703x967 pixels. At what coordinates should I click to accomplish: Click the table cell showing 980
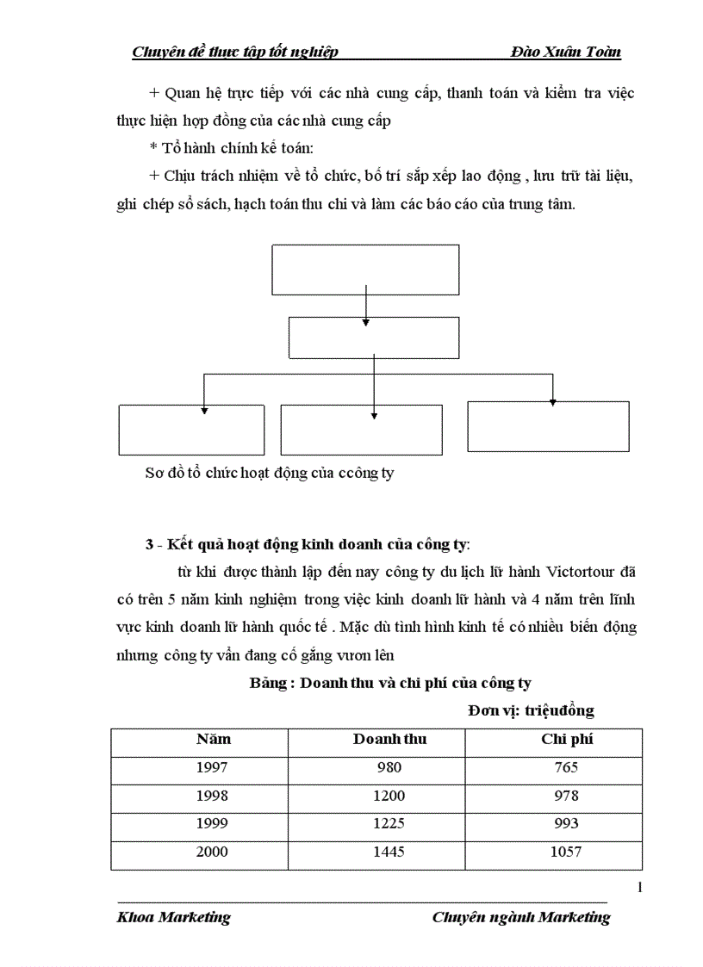pos(389,768)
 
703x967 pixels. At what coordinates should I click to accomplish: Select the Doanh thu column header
pos(389,740)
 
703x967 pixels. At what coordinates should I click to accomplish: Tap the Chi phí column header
pos(567,740)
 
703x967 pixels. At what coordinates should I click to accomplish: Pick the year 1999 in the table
pos(212,824)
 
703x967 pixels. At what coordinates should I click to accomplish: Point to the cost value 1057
pos(567,852)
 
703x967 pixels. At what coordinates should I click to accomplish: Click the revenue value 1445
pos(389,852)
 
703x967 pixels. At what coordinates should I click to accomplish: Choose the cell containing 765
pos(567,768)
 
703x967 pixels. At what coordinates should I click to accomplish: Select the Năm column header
pos(214,740)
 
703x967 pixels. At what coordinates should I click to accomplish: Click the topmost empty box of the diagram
pos(365,270)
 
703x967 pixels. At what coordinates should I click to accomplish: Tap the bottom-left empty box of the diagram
pos(191,430)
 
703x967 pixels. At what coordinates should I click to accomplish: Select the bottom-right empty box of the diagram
pos(548,426)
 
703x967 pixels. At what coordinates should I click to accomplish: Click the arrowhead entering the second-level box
pos(366,322)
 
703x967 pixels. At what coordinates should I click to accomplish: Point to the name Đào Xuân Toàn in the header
pos(565,52)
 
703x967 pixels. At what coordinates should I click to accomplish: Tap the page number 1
pos(639,888)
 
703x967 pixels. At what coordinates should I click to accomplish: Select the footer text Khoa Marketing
pos(173,917)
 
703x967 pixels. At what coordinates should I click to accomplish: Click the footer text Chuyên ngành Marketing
pos(520,917)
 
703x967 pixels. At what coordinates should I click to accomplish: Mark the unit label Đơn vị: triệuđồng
pos(531,710)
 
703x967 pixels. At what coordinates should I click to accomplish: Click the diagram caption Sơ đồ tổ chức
pos(269,473)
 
